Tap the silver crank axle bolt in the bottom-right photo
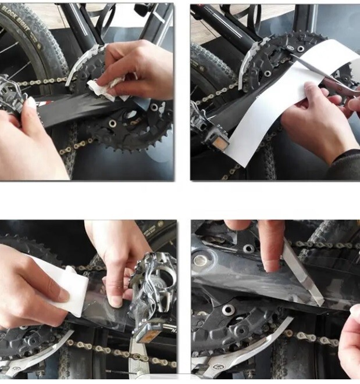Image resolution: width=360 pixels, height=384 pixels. pos(200,259)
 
